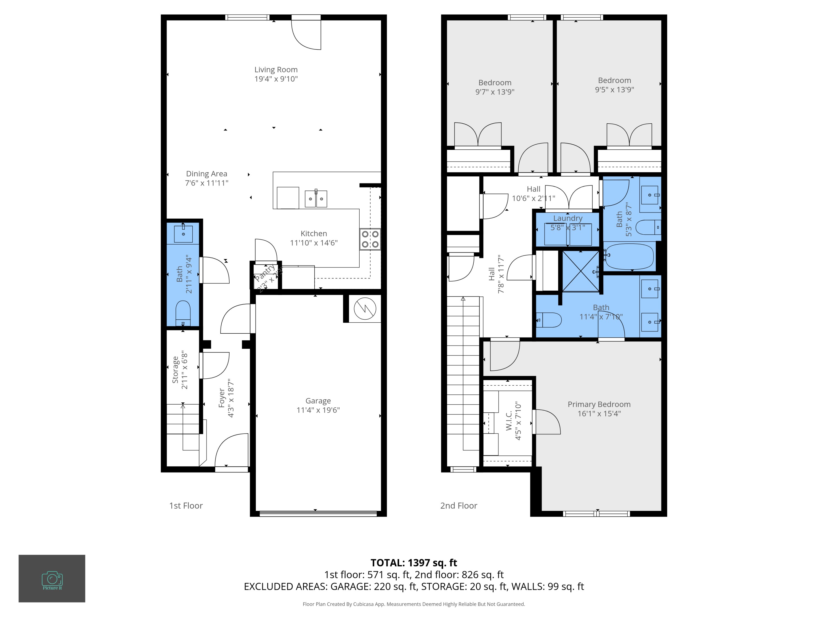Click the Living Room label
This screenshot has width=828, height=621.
click(x=276, y=70)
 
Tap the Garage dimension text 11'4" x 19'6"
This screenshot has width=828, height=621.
click(x=318, y=410)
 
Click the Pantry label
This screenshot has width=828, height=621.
click(x=265, y=273)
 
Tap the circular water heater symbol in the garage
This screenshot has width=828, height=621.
click(x=365, y=309)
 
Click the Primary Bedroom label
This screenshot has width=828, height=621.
click(x=599, y=404)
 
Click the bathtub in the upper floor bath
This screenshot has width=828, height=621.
click(x=629, y=257)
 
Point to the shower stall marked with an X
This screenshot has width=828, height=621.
click(x=580, y=271)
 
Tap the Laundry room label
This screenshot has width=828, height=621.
click(x=567, y=218)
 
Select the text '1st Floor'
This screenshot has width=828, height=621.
click(x=186, y=506)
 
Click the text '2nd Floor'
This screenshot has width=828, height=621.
click(x=458, y=506)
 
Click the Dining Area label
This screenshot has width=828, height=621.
click(x=207, y=174)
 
